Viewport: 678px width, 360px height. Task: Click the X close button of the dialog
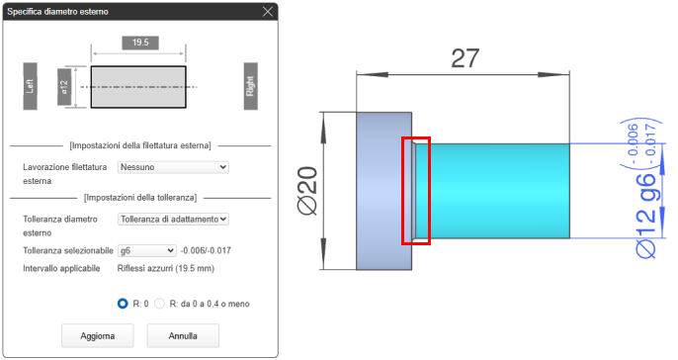click(268, 12)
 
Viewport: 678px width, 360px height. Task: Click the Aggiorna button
click(97, 336)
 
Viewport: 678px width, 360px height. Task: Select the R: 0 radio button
click(123, 304)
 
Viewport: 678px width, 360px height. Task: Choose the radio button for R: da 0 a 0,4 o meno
click(159, 304)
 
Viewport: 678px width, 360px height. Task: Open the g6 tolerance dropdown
click(147, 250)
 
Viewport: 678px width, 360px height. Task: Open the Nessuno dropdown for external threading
click(173, 167)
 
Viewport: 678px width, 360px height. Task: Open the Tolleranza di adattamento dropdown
click(173, 219)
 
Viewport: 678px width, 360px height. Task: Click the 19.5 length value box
click(140, 43)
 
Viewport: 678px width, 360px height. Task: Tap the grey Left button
click(30, 86)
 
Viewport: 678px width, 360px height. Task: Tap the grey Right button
click(250, 86)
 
